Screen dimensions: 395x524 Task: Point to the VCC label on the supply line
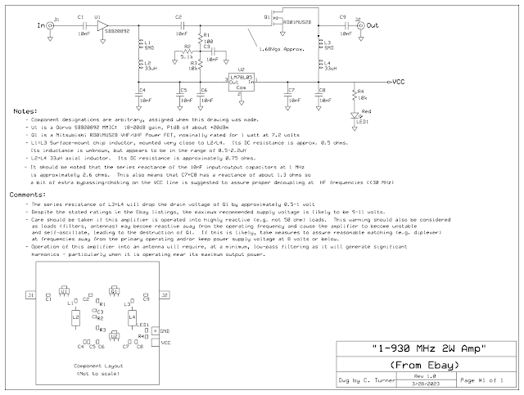click(397, 82)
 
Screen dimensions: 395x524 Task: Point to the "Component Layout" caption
click(97, 366)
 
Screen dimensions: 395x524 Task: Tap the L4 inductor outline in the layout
click(130, 316)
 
